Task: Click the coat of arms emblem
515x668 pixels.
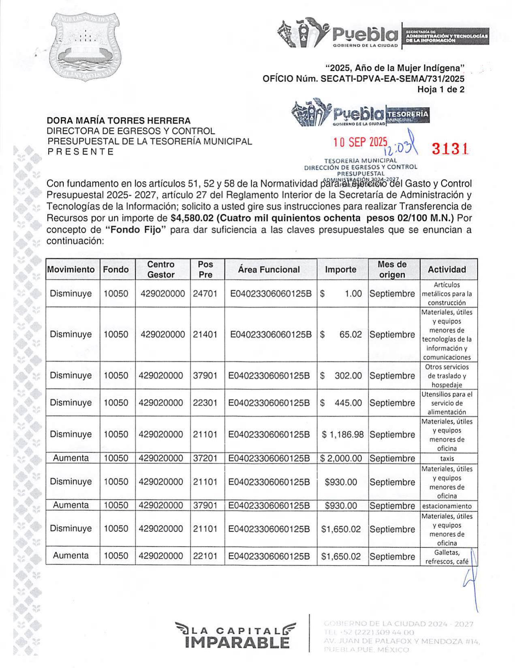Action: click(85, 46)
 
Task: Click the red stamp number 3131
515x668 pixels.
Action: click(450, 149)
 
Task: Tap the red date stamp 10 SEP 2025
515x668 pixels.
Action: click(360, 142)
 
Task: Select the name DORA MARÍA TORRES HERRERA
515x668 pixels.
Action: click(119, 120)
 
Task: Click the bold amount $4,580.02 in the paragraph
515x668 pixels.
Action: click(192, 218)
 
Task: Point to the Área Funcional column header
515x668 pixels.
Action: click(269, 269)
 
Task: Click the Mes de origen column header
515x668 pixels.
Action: click(392, 269)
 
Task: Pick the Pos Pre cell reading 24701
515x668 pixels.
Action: click(205, 294)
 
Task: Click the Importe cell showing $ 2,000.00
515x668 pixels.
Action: click(341, 458)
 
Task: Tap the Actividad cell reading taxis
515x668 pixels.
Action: click(447, 459)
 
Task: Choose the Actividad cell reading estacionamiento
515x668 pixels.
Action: click(447, 506)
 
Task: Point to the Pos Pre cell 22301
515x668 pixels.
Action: click(205, 403)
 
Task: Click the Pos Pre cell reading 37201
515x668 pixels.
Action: click(205, 458)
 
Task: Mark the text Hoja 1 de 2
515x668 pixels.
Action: click(441, 90)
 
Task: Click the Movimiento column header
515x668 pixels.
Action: click(71, 269)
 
